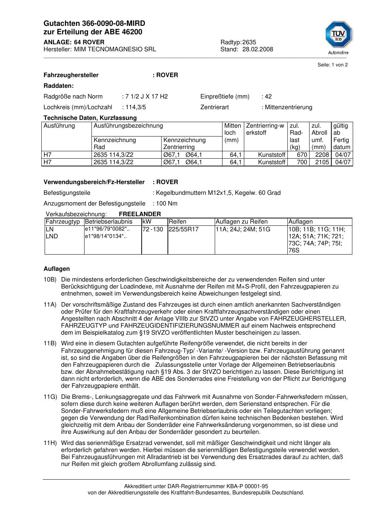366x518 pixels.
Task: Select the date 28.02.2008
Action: coord(258,49)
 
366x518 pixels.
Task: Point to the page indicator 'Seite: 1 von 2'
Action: coord(332,65)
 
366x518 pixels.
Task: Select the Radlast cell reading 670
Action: coord(302,155)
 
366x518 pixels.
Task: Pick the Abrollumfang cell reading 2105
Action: coord(322,162)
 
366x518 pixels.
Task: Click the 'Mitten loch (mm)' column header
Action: coord(232,133)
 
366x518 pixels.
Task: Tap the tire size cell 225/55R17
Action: coord(183,229)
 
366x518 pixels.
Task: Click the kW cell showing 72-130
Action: coord(153,229)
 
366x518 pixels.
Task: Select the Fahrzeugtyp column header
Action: coord(63,222)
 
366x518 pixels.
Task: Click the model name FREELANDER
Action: coord(140,214)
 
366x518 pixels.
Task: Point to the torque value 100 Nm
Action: coord(167,203)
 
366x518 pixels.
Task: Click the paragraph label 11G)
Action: coord(50,397)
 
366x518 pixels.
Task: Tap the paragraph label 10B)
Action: coord(50,279)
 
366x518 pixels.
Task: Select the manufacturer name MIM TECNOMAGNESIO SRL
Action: coord(115,49)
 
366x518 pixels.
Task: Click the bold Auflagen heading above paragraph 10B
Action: coord(56,269)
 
